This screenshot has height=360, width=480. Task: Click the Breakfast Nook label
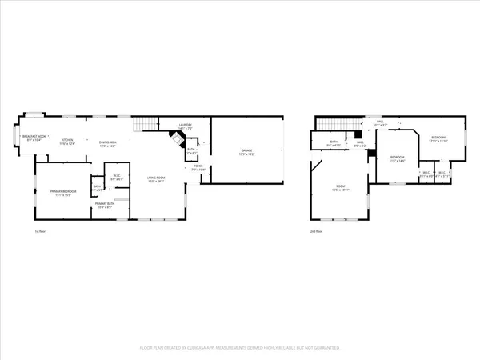click(x=34, y=138)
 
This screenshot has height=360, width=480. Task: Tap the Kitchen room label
click(x=70, y=142)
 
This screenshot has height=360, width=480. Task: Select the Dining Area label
click(x=107, y=144)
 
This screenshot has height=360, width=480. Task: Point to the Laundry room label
click(x=186, y=126)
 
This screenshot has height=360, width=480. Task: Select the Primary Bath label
click(x=105, y=206)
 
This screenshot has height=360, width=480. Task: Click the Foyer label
click(x=198, y=168)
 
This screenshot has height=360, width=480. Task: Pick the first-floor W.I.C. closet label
click(x=116, y=178)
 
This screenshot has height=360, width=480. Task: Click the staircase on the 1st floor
click(x=144, y=124)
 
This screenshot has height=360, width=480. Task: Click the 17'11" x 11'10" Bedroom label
click(x=438, y=139)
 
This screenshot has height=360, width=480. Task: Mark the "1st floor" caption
click(x=38, y=231)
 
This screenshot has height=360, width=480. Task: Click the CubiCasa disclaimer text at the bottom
click(x=240, y=348)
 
